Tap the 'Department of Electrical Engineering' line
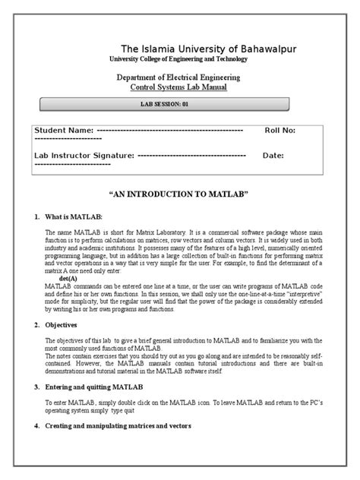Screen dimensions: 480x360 179,77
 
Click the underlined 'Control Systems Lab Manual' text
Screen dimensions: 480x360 179,88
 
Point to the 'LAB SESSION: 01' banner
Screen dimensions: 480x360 179,104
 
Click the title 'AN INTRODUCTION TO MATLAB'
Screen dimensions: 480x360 179,194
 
